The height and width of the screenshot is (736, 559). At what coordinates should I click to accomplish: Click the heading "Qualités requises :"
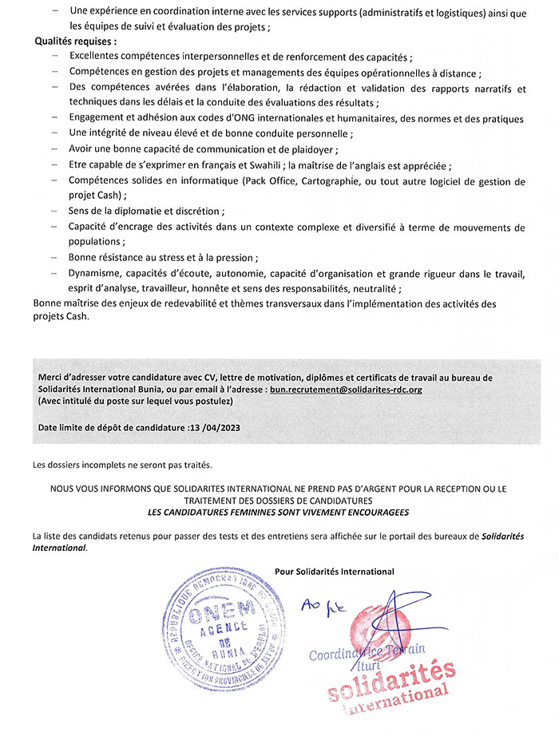click(x=76, y=42)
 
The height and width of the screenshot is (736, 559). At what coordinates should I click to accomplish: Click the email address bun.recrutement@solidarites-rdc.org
click(x=346, y=390)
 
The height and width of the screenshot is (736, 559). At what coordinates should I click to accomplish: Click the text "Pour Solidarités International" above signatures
click(x=334, y=571)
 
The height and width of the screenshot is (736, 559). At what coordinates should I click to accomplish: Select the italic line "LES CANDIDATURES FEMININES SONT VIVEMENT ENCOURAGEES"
click(x=279, y=510)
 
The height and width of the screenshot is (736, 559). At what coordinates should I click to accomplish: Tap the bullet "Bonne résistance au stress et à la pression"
click(x=163, y=258)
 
